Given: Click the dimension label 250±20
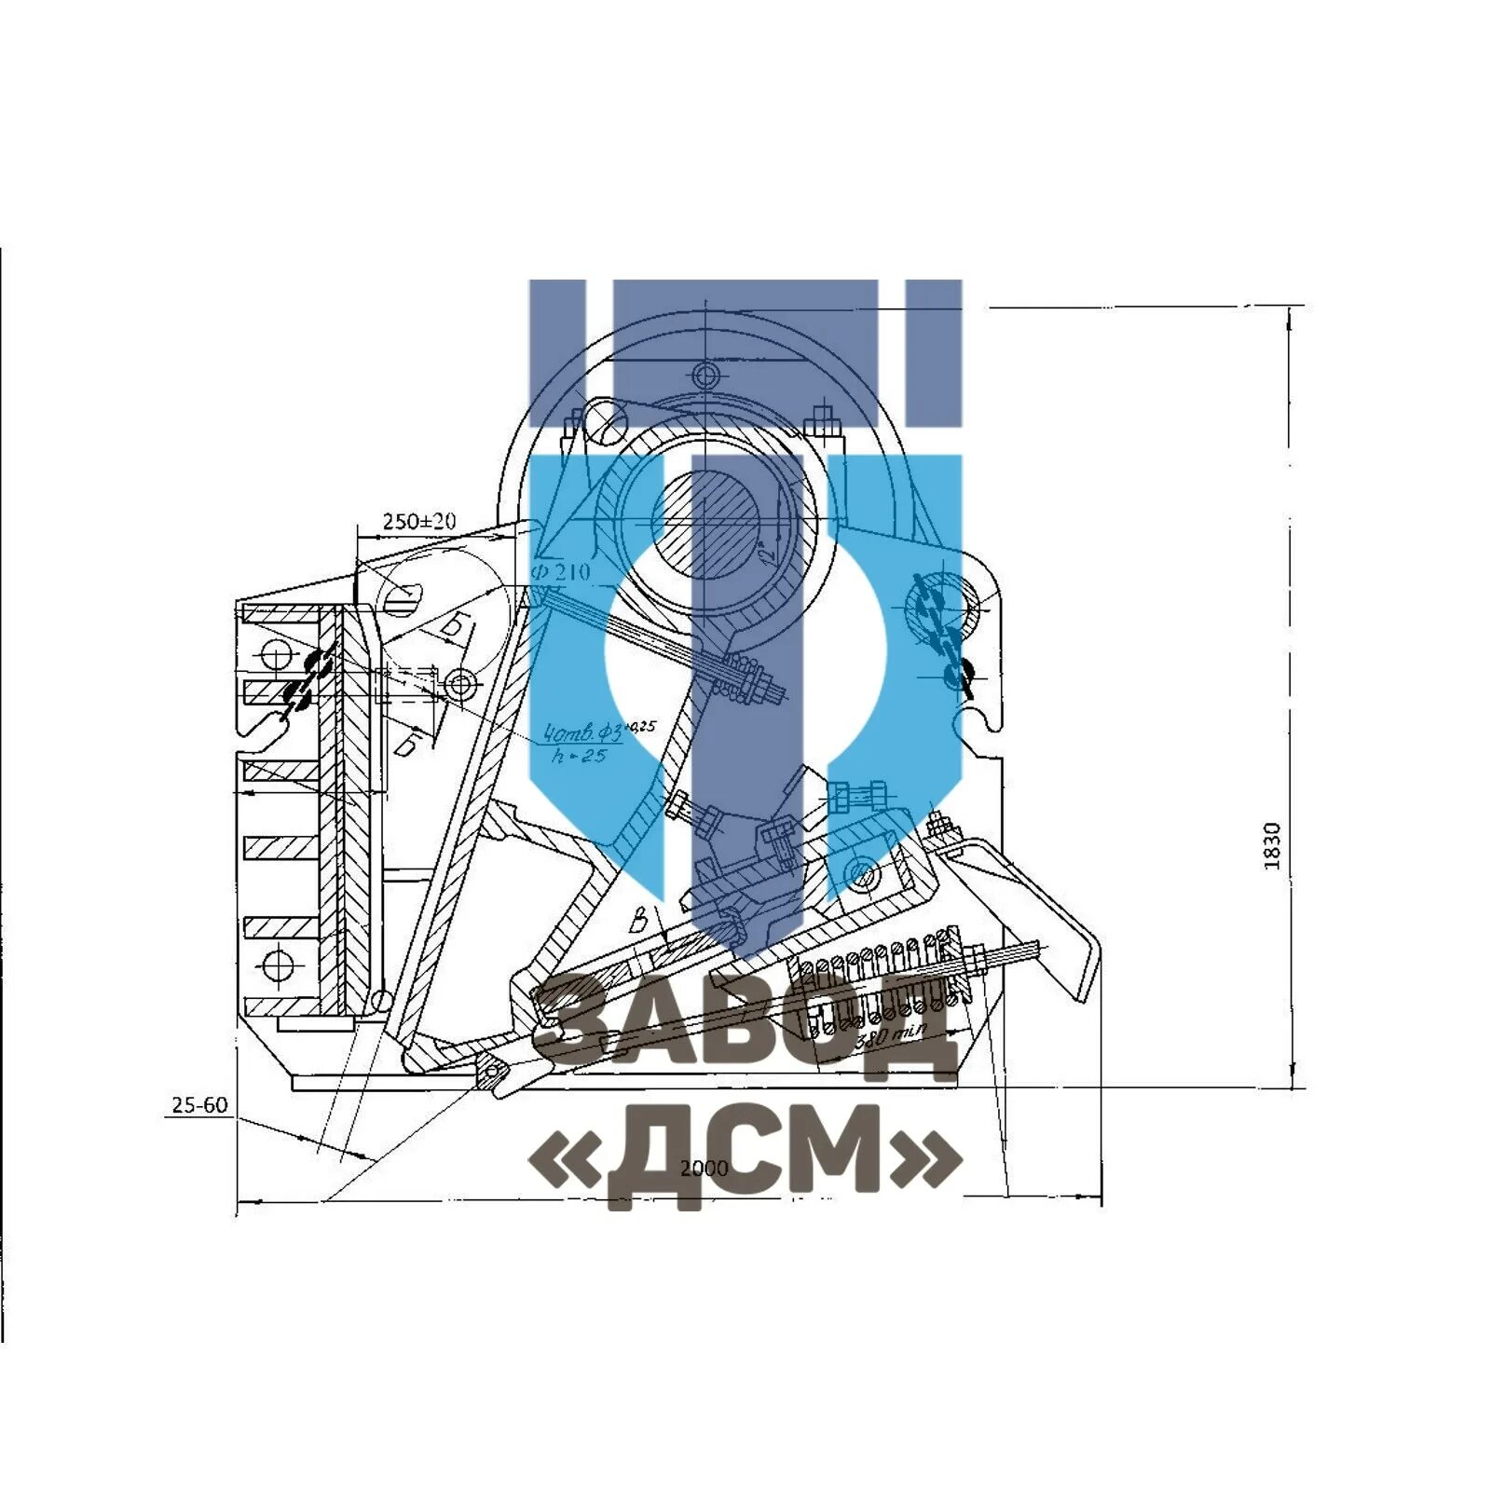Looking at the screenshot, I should pos(419,521).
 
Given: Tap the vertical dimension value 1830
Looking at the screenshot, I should pos(1272,846).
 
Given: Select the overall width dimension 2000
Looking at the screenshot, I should pos(704,1169).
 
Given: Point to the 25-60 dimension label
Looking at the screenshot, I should pos(199,1105).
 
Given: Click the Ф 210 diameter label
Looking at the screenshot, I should pos(561,571).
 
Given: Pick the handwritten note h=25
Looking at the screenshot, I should pos(579,756).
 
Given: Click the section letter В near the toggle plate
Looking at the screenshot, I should pos(639,922).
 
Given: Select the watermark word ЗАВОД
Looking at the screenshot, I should pos(745,1025).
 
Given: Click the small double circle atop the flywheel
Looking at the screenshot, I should pos(705,376).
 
